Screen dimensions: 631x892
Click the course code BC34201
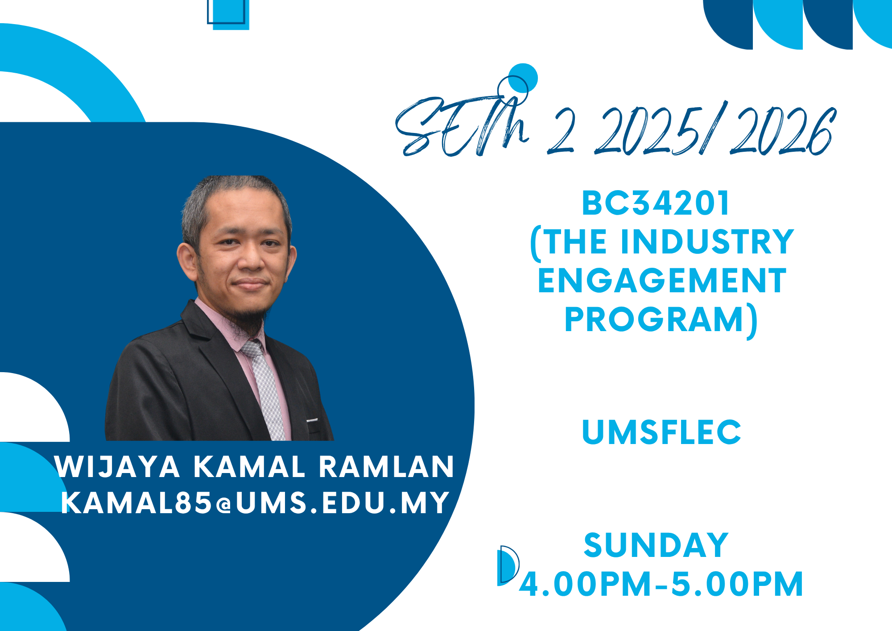click(655, 203)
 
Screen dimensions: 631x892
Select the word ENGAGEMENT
click(662, 281)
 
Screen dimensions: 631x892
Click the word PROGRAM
click(654, 320)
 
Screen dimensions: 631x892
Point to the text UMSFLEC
click(661, 432)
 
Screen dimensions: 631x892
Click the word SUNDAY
click(656, 545)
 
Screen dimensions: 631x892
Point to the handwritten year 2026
click(783, 132)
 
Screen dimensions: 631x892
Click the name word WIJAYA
click(117, 467)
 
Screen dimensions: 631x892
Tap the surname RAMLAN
click(386, 467)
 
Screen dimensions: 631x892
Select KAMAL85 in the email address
click(136, 503)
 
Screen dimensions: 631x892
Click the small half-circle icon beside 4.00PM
click(508, 565)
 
